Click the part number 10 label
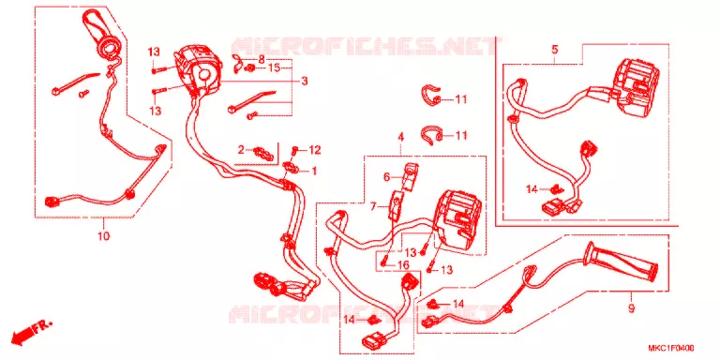pos(103,236)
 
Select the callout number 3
pos(304,82)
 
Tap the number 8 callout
pos(262,59)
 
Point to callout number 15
pos(274,68)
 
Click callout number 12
pos(315,150)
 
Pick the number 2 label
pos(241,150)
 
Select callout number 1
pos(315,172)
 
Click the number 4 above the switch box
pos(400,137)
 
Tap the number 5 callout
pos(555,49)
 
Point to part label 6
pos(386,177)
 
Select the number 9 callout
pos(631,308)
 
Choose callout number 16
pos(403,265)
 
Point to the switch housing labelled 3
pos(198,69)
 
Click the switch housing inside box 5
pos(636,88)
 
